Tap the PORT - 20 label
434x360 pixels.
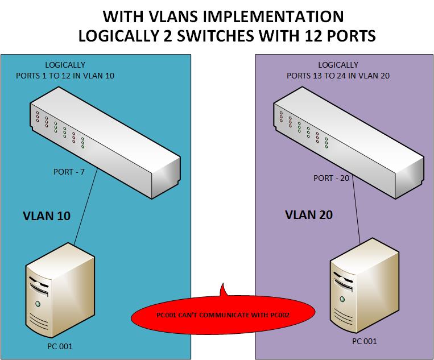coord(331,178)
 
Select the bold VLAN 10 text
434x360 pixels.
coord(46,216)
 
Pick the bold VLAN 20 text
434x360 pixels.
coord(309,215)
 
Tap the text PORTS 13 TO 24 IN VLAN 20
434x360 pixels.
coord(338,76)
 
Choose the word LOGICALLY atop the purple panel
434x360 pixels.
coord(338,65)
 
